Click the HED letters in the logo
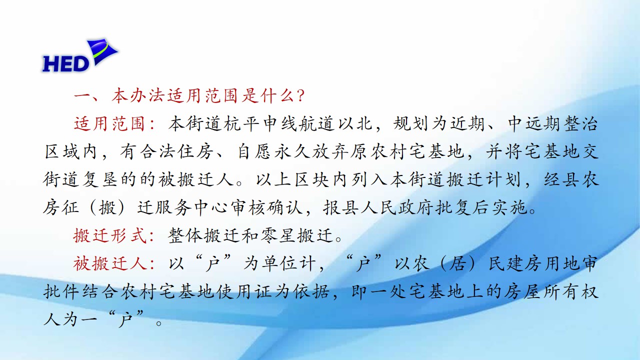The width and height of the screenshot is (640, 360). click(x=66, y=63)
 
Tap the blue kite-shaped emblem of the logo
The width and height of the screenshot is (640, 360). click(x=102, y=51)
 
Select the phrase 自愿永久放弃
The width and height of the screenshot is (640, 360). click(x=292, y=151)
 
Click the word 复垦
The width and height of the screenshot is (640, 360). click(x=99, y=179)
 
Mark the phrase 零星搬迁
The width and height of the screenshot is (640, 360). click(x=296, y=235)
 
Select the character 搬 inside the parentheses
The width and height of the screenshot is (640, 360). click(x=107, y=207)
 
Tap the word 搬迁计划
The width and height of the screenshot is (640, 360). click(x=483, y=179)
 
